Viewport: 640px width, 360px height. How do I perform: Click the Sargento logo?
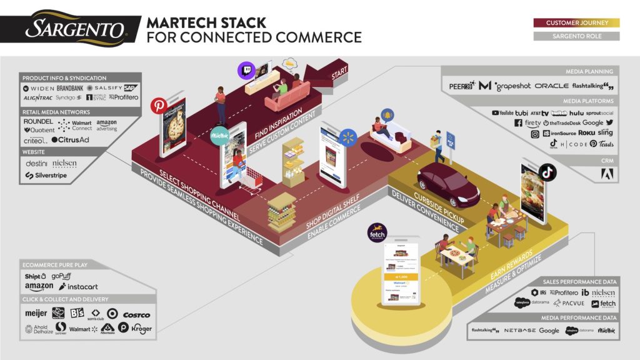(74, 28)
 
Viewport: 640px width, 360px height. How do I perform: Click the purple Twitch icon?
(246, 71)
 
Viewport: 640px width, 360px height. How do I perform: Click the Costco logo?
(136, 314)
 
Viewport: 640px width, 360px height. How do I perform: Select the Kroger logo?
(141, 329)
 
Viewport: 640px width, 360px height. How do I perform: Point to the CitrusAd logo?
(70, 140)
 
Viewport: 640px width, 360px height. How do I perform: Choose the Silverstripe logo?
(46, 176)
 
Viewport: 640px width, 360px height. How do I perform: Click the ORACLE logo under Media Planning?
(551, 86)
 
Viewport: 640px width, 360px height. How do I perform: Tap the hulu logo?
(576, 113)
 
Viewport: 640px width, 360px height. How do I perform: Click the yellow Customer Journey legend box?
(576, 23)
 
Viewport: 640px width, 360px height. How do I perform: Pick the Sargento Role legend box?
(576, 36)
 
